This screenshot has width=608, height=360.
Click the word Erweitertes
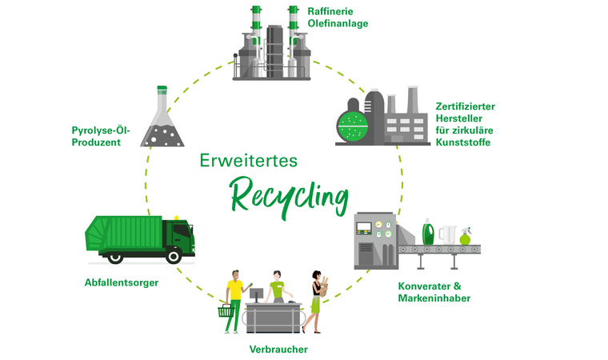point(248,160)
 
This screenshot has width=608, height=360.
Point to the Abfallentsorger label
point(122,282)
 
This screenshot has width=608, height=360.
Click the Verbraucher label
point(278,349)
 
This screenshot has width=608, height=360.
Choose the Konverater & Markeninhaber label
point(434,292)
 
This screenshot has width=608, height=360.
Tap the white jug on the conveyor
point(447,234)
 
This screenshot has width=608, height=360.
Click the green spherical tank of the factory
point(353,125)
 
